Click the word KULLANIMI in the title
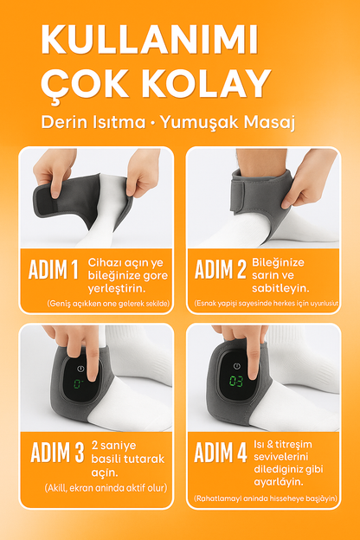[149, 42]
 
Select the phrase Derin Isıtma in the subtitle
[93, 121]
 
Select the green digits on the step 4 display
[235, 379]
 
